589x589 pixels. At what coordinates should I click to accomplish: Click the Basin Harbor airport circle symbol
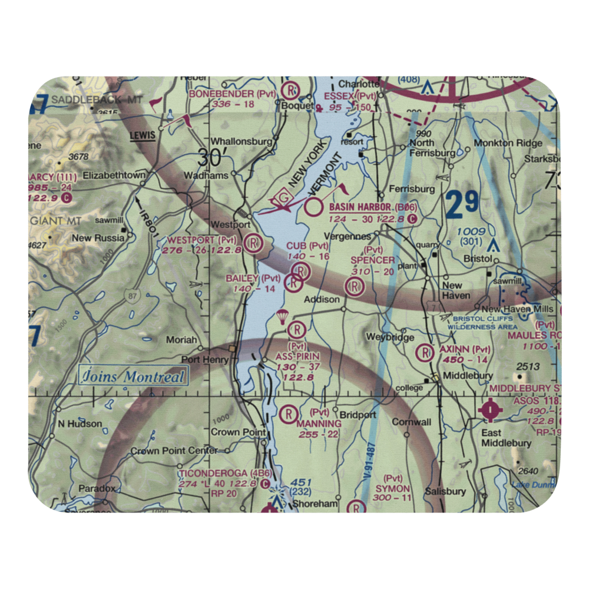pyautogui.click(x=315, y=207)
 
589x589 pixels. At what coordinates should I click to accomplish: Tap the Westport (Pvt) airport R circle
pyautogui.click(x=254, y=243)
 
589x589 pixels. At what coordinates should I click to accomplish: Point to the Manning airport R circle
pyautogui.click(x=289, y=413)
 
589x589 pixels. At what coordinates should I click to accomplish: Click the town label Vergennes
pyautogui.click(x=350, y=236)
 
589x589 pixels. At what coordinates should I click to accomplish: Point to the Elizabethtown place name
pyautogui.click(x=114, y=175)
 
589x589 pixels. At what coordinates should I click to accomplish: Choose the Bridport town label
pyautogui.click(x=356, y=415)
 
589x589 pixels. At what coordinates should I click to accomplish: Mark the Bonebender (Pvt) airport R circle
pyautogui.click(x=291, y=91)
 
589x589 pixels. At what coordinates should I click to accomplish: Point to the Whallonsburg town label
pyautogui.click(x=241, y=142)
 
